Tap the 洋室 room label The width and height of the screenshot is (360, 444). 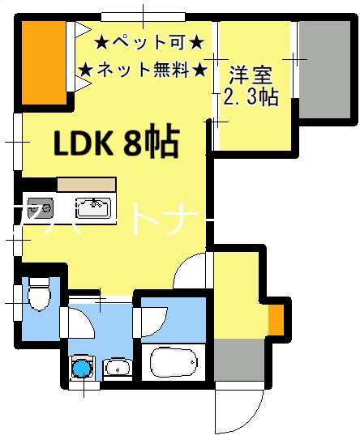tap(249, 75)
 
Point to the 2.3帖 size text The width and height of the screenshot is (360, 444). tap(251, 97)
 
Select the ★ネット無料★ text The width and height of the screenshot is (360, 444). tap(143, 69)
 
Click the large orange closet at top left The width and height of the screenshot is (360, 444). tap(42, 61)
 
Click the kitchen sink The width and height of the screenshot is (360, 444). tap(92, 207)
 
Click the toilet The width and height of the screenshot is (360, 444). tap(38, 297)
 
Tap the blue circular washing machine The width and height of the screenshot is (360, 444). tap(82, 369)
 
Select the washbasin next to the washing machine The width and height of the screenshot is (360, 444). tap(117, 369)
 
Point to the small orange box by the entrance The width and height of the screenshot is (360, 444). tap(276, 319)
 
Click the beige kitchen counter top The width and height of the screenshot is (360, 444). tap(73, 186)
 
